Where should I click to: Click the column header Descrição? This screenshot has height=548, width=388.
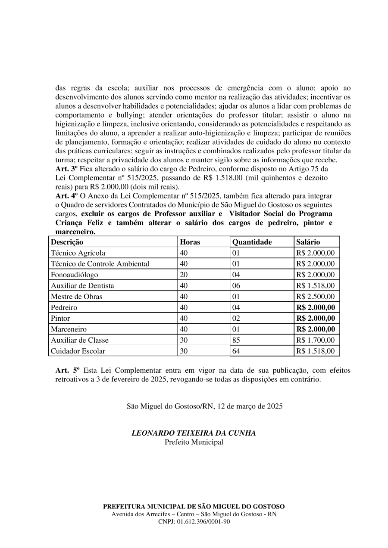(67, 242)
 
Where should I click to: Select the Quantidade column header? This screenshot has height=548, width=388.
(252, 242)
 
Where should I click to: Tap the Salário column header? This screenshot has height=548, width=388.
(308, 242)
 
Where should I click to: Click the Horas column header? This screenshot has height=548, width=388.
(190, 242)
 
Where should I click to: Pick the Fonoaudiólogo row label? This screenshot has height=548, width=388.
(75, 275)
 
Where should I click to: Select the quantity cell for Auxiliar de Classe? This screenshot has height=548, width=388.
(236, 340)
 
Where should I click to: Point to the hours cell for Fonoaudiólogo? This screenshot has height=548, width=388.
(184, 275)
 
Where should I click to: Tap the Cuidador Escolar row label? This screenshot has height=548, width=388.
(78, 351)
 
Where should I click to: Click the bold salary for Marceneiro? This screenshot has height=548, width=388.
(316, 329)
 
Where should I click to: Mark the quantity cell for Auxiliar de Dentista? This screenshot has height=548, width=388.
(236, 285)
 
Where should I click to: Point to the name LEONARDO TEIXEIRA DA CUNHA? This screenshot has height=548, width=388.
(194, 433)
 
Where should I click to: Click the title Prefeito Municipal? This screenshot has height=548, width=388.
(194, 442)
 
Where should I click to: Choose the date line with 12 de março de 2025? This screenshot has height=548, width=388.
(205, 406)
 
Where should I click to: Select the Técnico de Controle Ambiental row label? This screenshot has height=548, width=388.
(100, 264)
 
